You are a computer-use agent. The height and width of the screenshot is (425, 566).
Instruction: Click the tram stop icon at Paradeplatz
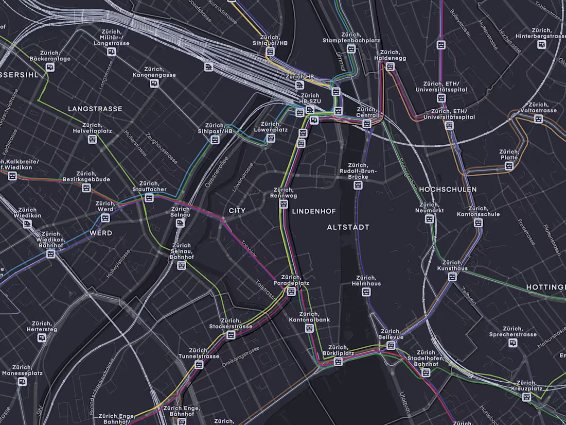(x=291, y=292)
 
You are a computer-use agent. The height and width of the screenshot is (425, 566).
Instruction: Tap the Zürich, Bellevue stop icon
(x=391, y=345)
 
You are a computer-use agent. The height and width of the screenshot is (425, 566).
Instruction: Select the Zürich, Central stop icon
(x=367, y=124)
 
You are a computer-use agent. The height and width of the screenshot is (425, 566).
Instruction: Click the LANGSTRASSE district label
(x=95, y=109)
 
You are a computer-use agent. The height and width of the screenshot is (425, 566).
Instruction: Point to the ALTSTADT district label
(x=348, y=227)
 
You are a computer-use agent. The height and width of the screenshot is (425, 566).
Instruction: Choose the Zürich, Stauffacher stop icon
(x=149, y=197)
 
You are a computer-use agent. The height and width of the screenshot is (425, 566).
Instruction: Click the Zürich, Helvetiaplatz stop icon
(x=93, y=139)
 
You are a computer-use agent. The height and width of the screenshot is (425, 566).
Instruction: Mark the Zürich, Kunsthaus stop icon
(x=452, y=277)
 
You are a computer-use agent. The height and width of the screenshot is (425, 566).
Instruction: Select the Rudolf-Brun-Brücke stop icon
(x=358, y=185)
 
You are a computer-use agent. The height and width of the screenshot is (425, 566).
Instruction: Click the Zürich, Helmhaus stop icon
(x=366, y=292)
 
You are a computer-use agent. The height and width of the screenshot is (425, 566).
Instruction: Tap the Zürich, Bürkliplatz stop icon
(x=338, y=362)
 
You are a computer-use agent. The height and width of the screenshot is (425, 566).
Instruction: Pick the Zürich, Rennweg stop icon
(x=284, y=204)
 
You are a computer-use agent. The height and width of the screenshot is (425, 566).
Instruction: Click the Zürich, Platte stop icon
(x=509, y=166)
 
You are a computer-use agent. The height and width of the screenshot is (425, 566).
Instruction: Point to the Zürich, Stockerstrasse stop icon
(x=231, y=335)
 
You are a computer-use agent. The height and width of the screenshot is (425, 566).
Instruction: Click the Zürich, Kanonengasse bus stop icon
(x=153, y=83)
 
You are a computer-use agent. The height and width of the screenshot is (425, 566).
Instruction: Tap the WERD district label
(x=101, y=233)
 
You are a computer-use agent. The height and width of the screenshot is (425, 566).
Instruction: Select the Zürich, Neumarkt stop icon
(x=430, y=219)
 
